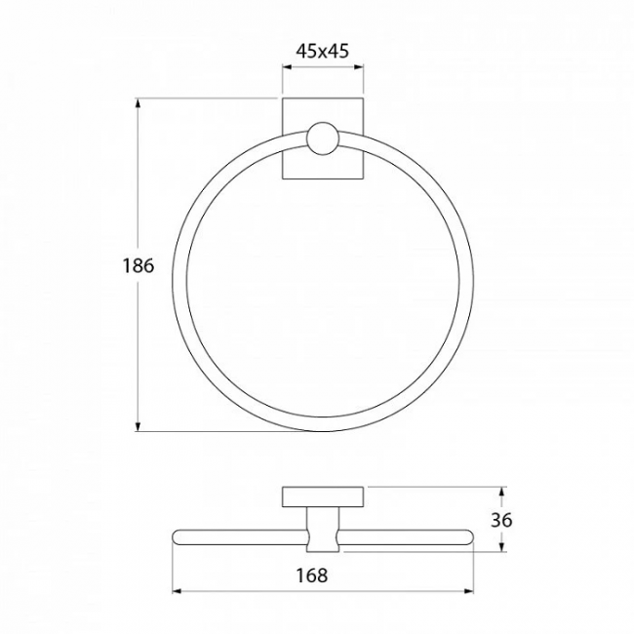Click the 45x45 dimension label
pos(322,51)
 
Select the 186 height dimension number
pos(139,265)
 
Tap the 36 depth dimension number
pos(501,520)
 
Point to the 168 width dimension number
pos(312,575)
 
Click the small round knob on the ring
pos(322,139)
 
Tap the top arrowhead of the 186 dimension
pos(139,103)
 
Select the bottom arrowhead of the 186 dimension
pos(139,426)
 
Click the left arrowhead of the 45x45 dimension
pos(287,67)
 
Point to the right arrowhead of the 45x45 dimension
pos(359,67)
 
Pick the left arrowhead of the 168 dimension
pos(178,591)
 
